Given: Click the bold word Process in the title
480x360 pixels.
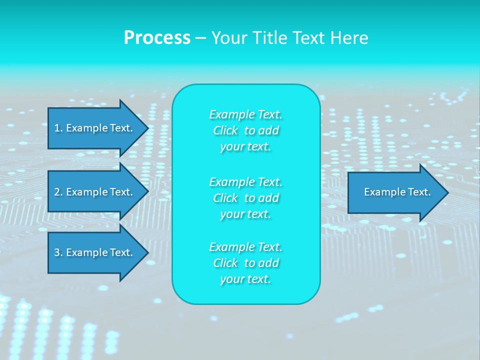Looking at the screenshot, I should (x=157, y=38).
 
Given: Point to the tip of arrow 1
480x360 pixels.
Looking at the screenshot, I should (x=146, y=128).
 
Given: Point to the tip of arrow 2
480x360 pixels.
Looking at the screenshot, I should (x=146, y=192).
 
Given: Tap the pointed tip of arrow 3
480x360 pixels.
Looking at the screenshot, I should (x=146, y=252).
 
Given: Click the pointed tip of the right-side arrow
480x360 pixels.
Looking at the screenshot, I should (x=446, y=192).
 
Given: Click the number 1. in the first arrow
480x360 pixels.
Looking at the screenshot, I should (x=58, y=128).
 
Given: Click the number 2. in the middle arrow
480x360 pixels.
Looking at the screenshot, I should (x=58, y=192).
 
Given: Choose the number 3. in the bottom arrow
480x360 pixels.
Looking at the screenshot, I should (x=58, y=252).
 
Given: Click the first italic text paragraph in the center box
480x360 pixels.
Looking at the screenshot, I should (x=245, y=130).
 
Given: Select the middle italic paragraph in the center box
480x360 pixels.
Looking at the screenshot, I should (x=245, y=198).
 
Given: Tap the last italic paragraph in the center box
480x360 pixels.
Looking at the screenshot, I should (x=245, y=263).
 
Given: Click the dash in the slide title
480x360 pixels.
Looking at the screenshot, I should (x=200, y=38).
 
